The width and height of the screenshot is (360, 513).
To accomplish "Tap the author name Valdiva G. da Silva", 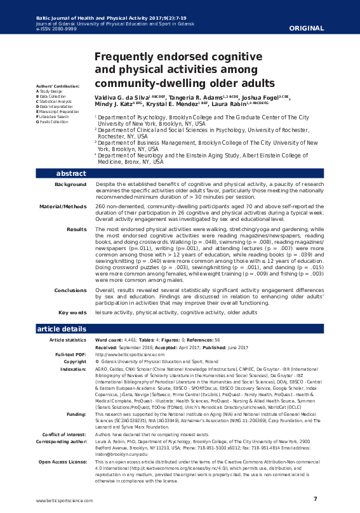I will tap(121, 96).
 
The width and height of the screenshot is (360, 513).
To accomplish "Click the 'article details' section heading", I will tap(62, 329).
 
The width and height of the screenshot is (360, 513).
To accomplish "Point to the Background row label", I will tap(70, 184).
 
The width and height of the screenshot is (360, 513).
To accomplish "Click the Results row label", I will tap(76, 229).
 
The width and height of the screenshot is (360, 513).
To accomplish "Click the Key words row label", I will tap(72, 312).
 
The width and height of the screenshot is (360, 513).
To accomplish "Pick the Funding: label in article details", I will tap(75, 414).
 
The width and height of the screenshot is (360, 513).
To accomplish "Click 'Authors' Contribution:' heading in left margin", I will tap(53, 86).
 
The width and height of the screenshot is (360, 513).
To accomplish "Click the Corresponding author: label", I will tap(62, 442).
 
